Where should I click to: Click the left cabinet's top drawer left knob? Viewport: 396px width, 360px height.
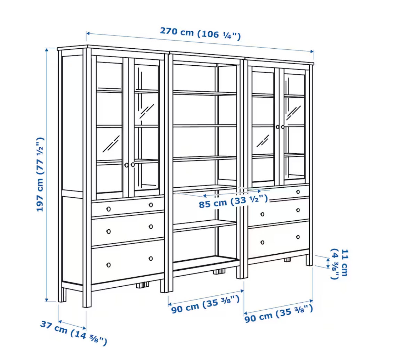pyautogui.click(x=108, y=209)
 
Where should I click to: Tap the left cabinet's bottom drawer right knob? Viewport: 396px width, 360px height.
pyautogui.click(x=151, y=259)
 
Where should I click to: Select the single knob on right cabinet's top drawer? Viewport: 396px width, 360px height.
pyautogui.click(x=298, y=192)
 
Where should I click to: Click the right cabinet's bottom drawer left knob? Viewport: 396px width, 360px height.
pyautogui.click(x=262, y=243)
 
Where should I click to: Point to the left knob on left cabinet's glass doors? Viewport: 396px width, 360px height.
pyautogui.click(x=127, y=165)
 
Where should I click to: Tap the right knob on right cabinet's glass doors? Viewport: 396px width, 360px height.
pyautogui.click(x=283, y=127)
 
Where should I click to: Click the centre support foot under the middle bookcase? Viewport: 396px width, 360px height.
pyautogui.click(x=219, y=272)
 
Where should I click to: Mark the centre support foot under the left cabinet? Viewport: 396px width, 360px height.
pyautogui.click(x=143, y=285)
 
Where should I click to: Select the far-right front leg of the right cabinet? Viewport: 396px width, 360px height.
pyautogui.click(x=309, y=260)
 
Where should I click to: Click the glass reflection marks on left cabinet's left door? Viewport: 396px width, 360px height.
pyautogui.click(x=111, y=144)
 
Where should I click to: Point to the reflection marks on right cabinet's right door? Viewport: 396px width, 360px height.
pyautogui.click(x=293, y=113)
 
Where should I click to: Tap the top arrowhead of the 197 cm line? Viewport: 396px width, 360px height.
pyautogui.click(x=47, y=50)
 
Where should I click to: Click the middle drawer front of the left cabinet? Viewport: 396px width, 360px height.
pyautogui.click(x=128, y=228)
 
